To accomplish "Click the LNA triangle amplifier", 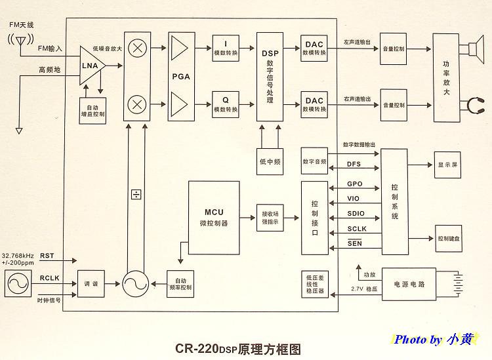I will [90, 66].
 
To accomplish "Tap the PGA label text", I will [181, 77].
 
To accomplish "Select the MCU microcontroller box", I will [213, 217].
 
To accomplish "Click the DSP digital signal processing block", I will [270, 75].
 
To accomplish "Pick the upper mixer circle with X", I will [137, 48].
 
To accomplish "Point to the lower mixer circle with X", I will [137, 104].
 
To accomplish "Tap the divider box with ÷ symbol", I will [136, 194].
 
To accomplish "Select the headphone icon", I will [472, 104].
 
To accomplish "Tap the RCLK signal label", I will [50, 277].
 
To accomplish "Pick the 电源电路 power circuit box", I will [409, 284].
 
